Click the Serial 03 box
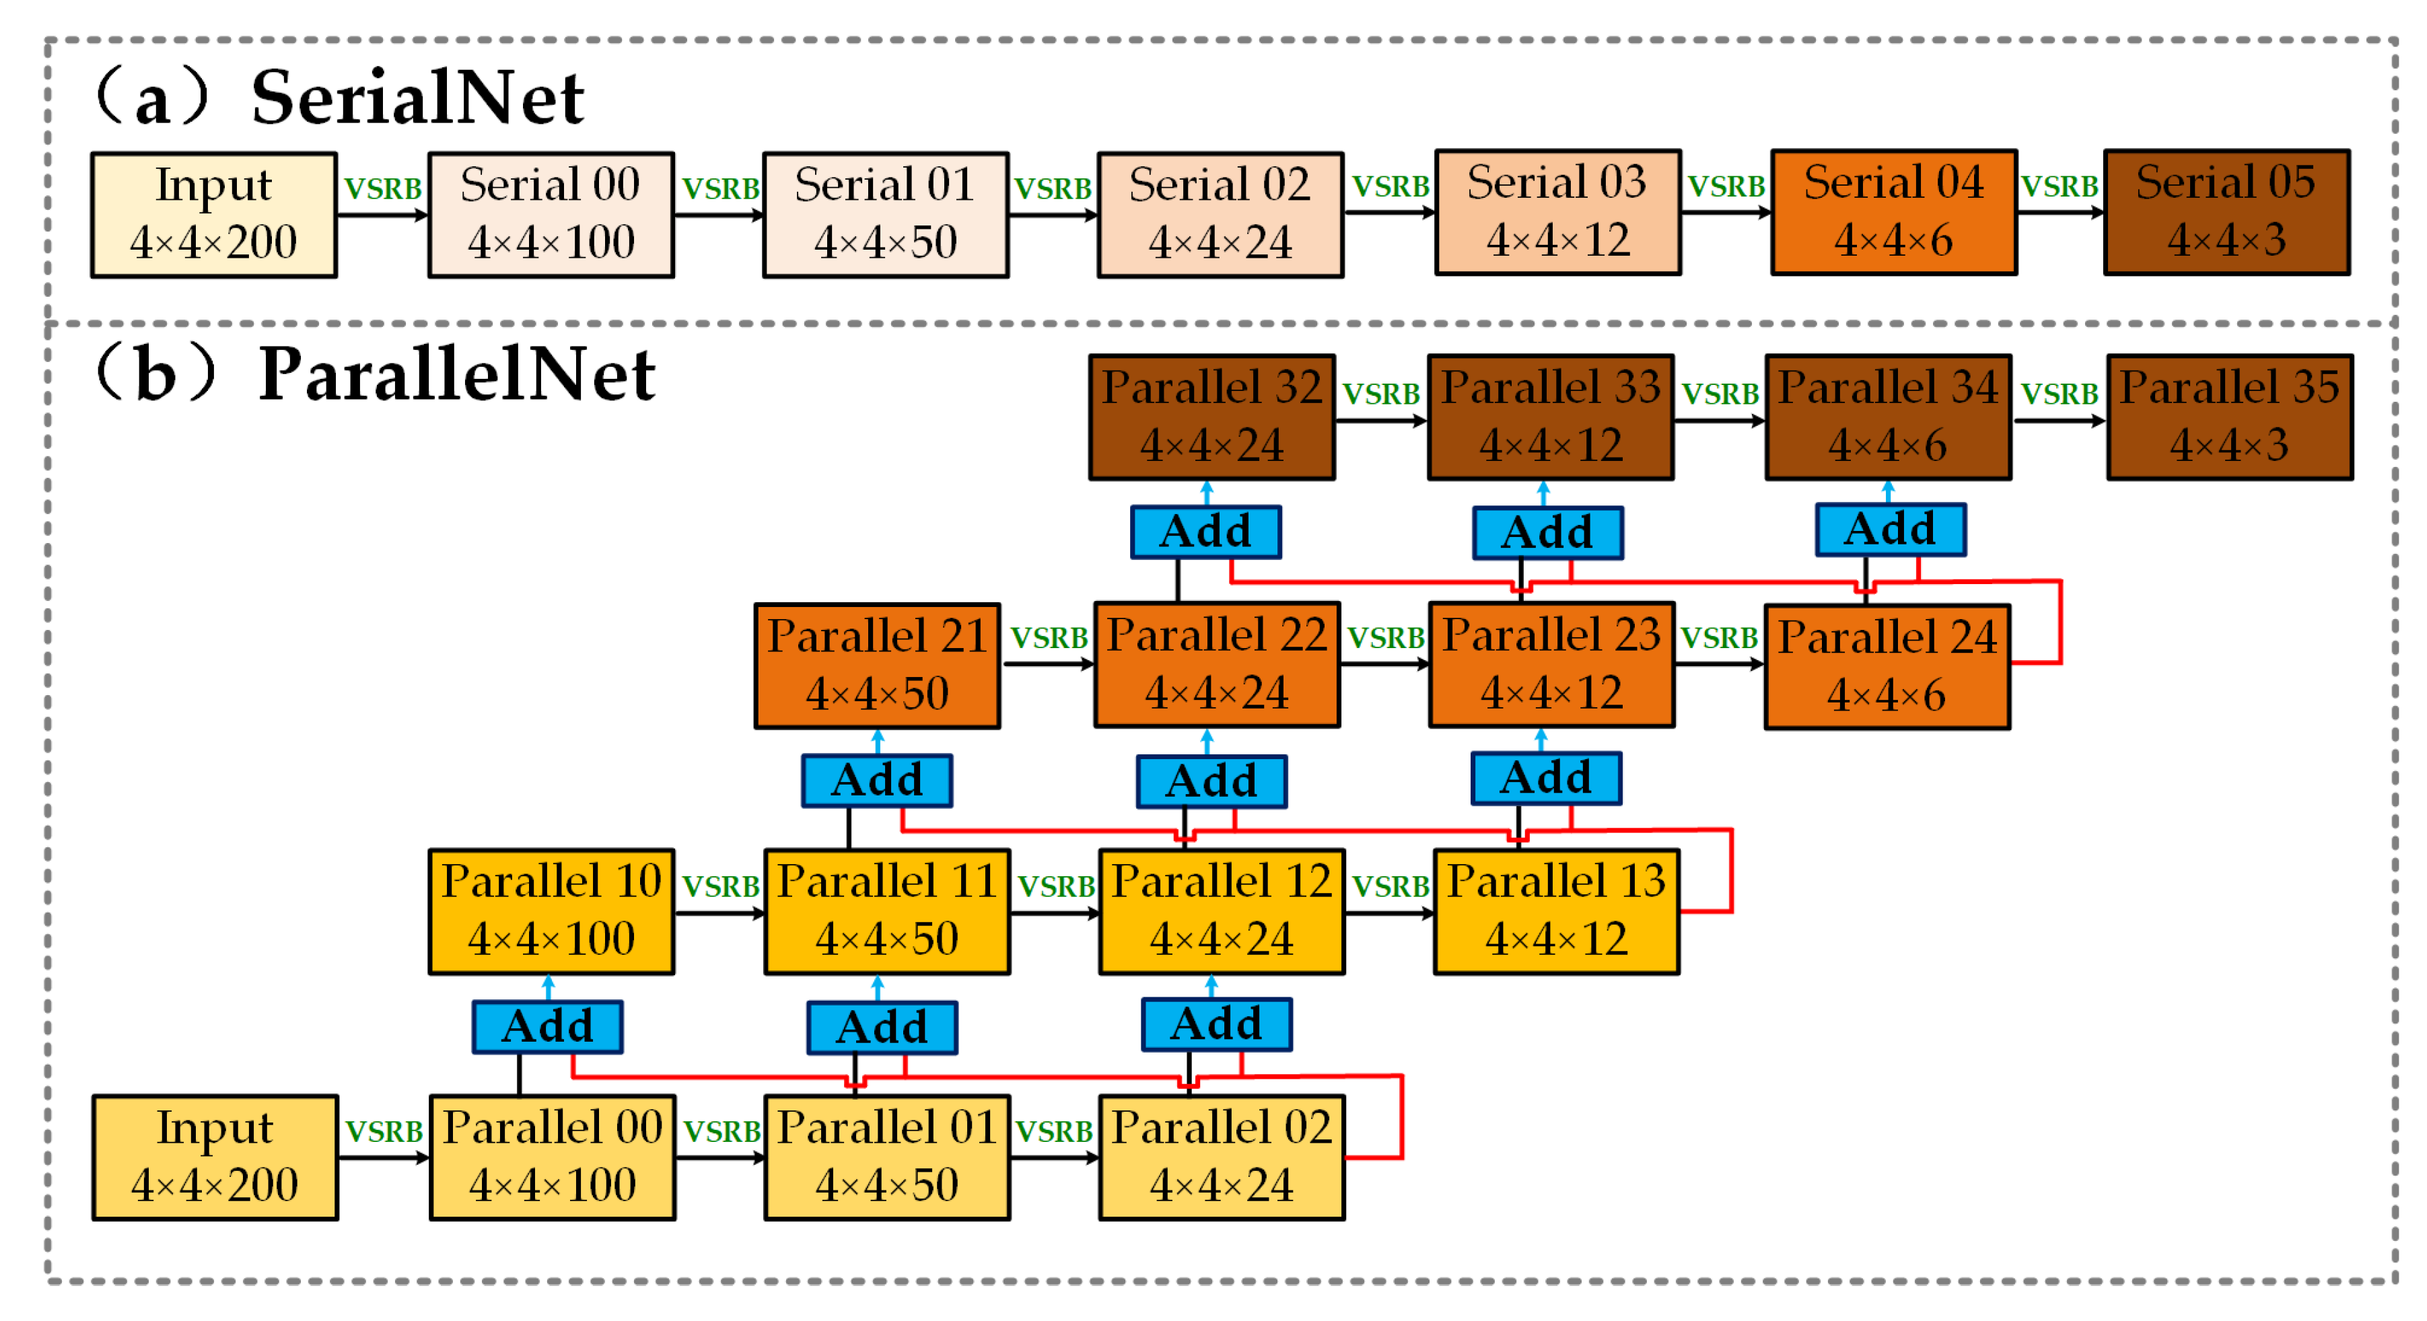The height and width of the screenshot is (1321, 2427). (x=1557, y=213)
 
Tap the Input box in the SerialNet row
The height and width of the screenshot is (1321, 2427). (x=214, y=215)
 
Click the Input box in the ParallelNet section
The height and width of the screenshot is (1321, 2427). (x=215, y=1157)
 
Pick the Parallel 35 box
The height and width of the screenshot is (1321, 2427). (x=2228, y=417)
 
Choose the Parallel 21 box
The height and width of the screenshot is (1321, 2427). (x=876, y=666)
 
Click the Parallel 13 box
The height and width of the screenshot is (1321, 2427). (x=1555, y=911)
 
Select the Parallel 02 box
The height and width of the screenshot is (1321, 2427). (x=1221, y=1157)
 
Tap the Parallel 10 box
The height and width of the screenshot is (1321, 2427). (x=551, y=911)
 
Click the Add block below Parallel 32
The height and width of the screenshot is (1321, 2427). (x=1205, y=532)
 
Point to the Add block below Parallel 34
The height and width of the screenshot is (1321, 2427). (x=1889, y=530)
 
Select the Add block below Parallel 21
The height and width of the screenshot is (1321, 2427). (x=876, y=780)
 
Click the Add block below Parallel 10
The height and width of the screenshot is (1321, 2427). (x=547, y=1026)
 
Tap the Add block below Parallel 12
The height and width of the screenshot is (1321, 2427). (x=1216, y=1024)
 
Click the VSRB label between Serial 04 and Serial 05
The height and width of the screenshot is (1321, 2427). (x=2060, y=186)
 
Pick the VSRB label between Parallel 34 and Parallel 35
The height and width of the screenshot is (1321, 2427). (x=2059, y=394)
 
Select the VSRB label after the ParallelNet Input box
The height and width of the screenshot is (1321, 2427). (x=384, y=1131)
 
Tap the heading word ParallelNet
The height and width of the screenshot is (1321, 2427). (x=457, y=375)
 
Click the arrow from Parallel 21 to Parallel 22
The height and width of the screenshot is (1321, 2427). (x=1046, y=664)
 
